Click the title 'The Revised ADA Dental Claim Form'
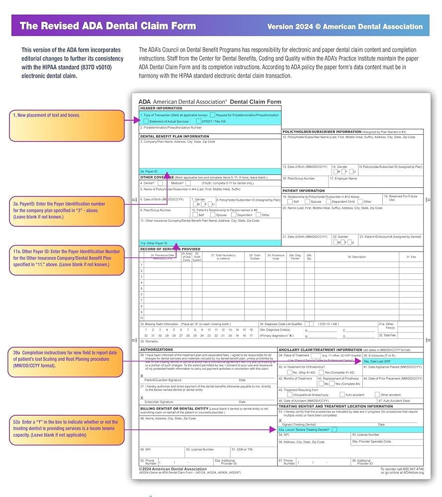click(x=107, y=26)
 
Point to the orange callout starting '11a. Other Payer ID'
click(x=67, y=258)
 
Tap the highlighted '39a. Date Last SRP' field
click(x=393, y=361)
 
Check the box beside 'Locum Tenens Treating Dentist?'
click(x=334, y=429)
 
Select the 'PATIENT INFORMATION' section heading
click(x=304, y=190)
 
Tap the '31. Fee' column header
click(x=411, y=256)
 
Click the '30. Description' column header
click(x=356, y=256)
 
